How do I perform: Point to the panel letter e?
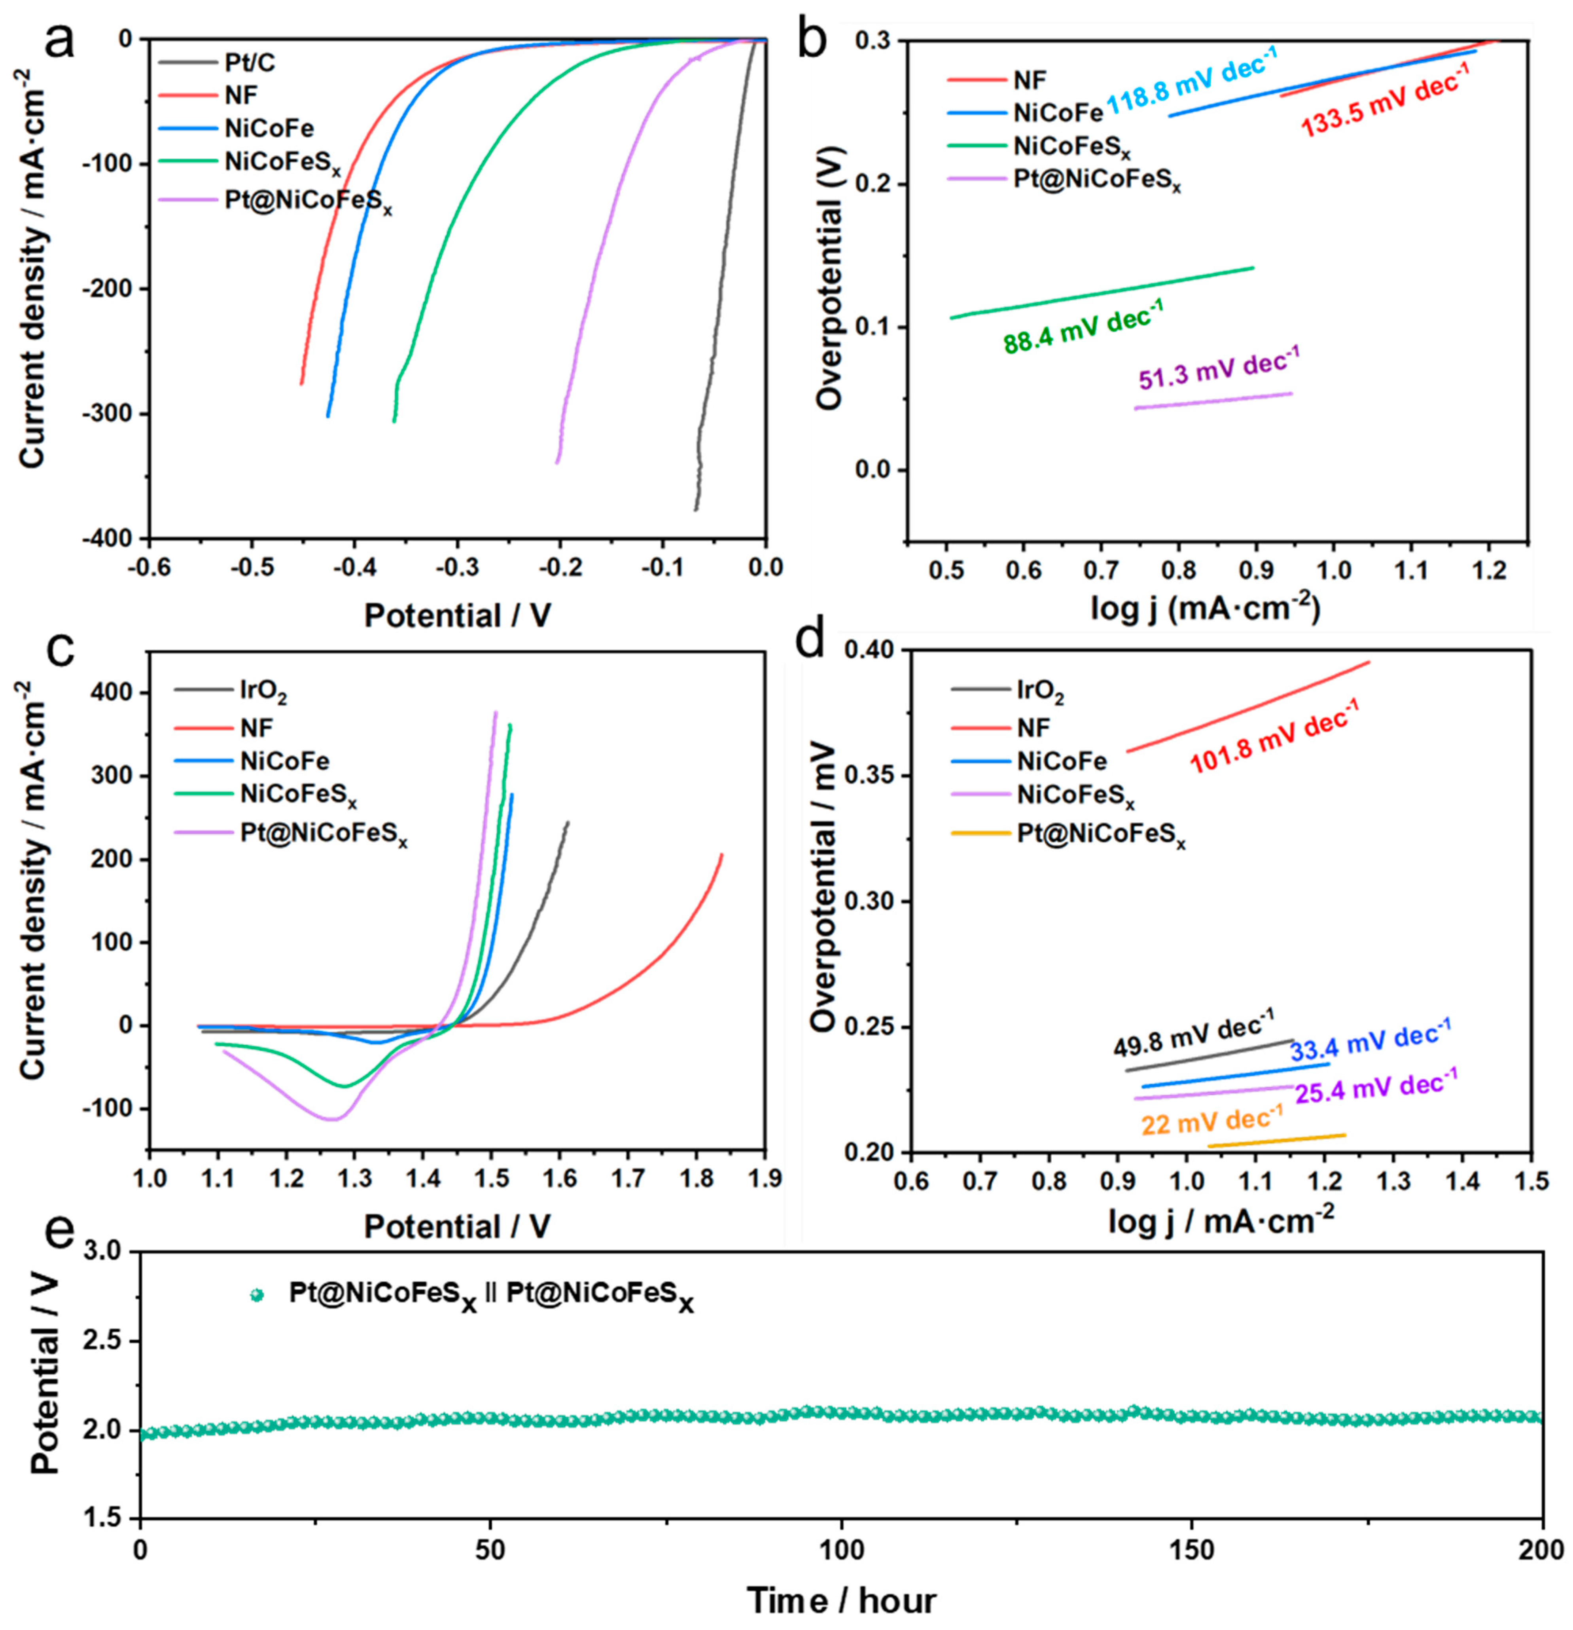[x=58, y=1233]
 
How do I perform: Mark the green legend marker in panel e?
[x=257, y=1295]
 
